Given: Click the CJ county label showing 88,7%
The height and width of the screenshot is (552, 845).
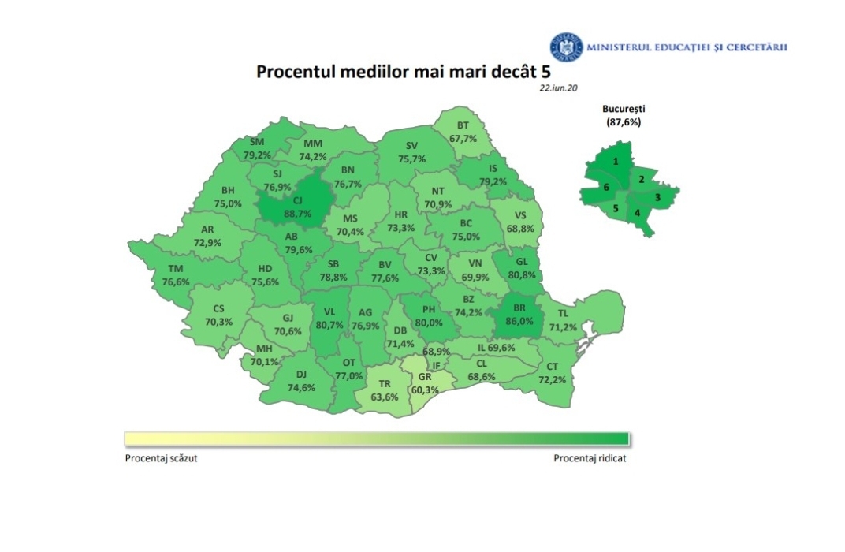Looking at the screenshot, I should pyautogui.click(x=289, y=202).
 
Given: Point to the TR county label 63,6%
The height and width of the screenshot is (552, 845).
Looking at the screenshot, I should pyautogui.click(x=385, y=390).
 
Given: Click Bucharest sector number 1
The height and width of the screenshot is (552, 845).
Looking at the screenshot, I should pyautogui.click(x=616, y=162).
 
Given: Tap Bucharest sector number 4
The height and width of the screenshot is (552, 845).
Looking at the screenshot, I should pyautogui.click(x=637, y=212).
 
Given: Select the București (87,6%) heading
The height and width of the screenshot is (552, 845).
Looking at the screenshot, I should pyautogui.click(x=621, y=116).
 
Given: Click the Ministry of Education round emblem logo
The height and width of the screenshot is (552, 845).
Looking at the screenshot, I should pyautogui.click(x=563, y=47).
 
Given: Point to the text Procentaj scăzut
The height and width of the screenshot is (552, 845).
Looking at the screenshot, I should pyautogui.click(x=161, y=458).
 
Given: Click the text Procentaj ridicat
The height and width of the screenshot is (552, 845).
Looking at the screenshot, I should pyautogui.click(x=590, y=458).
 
